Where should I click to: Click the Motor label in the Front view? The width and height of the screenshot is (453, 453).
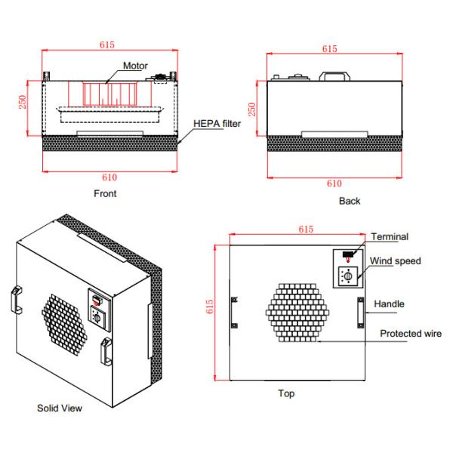(x=132, y=65)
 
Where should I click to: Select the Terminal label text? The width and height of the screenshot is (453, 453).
(x=390, y=237)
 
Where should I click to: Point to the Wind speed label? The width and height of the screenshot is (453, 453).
(x=396, y=261)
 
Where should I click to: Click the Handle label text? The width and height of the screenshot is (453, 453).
(x=390, y=304)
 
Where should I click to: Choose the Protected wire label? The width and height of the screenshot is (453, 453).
(x=411, y=333)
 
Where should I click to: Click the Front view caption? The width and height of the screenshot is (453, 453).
(x=105, y=193)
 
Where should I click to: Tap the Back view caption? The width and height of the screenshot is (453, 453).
(x=350, y=201)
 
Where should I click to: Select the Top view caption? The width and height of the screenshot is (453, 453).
(x=286, y=393)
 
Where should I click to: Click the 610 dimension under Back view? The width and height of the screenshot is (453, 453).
(x=334, y=183)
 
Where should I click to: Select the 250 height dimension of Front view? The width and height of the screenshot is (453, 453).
(x=22, y=102)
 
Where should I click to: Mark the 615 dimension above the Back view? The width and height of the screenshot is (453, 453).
(x=329, y=48)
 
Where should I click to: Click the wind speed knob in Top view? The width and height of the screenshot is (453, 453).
(x=348, y=278)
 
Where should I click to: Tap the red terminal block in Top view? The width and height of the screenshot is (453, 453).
(x=347, y=254)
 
